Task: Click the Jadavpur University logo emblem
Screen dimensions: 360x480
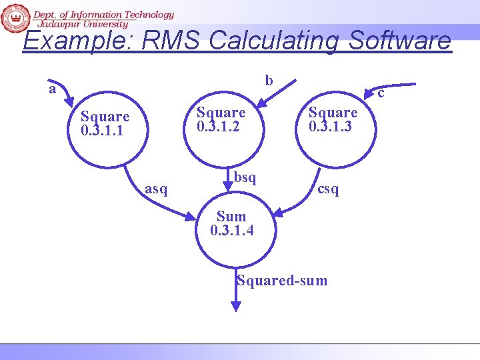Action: [x=15, y=19]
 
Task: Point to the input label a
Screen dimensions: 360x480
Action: [x=52, y=89]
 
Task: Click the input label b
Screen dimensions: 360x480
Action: [x=269, y=81]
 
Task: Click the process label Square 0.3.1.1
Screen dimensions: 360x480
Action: [x=105, y=123]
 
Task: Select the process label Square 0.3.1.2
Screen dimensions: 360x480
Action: [x=221, y=119]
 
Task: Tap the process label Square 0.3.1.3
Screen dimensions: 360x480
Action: [x=333, y=119]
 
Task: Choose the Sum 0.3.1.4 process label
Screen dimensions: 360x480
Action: [x=231, y=223]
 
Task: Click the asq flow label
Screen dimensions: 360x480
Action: [x=156, y=189]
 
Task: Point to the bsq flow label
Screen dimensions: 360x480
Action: [x=245, y=177]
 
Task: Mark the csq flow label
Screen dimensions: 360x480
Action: [x=328, y=189]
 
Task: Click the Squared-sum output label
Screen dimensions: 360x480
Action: [x=282, y=281]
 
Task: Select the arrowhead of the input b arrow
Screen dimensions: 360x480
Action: [x=259, y=104]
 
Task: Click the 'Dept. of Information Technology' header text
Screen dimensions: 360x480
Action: [x=103, y=15]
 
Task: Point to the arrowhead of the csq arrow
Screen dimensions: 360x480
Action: [x=279, y=213]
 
